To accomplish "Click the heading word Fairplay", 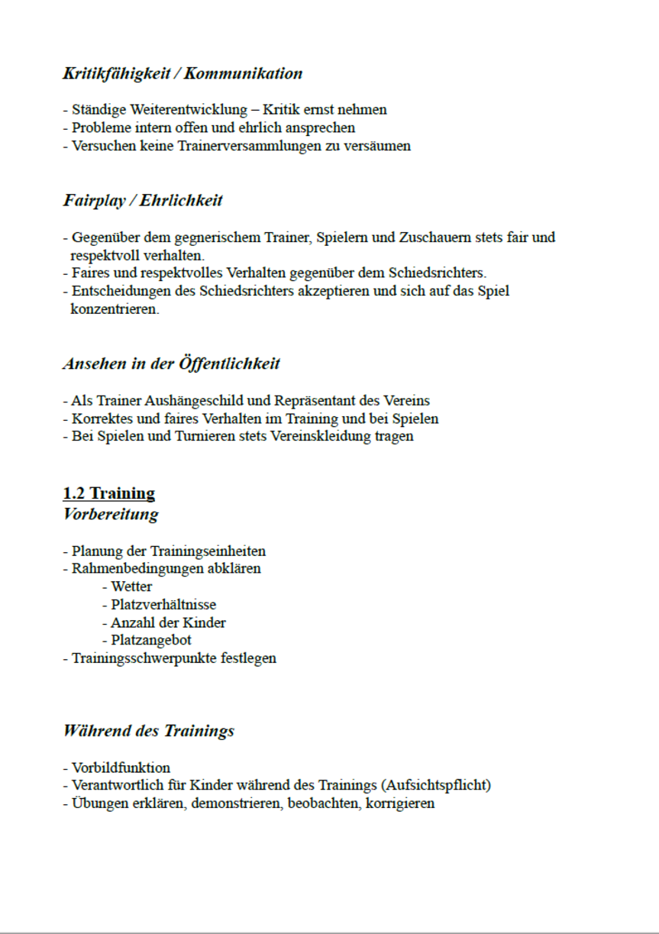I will pyautogui.click(x=93, y=201).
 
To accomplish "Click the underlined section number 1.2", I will pyautogui.click(x=74, y=493).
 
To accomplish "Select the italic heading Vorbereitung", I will pyautogui.click(x=111, y=514).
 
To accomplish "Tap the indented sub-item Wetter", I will pyautogui.click(x=131, y=587).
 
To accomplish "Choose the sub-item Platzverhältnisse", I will pyautogui.click(x=163, y=605).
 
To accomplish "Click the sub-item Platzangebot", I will pyautogui.click(x=151, y=640).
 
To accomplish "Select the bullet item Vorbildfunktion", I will pyautogui.click(x=121, y=768).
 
